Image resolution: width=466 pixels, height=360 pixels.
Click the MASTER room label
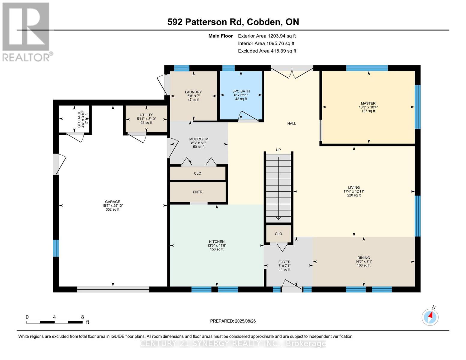(368, 103)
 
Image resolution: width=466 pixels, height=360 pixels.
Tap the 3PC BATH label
(241, 91)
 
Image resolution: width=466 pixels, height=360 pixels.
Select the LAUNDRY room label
(193, 92)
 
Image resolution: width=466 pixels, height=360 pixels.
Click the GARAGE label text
(113, 202)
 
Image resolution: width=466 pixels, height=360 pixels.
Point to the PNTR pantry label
(197, 192)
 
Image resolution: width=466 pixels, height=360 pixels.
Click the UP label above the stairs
(278, 150)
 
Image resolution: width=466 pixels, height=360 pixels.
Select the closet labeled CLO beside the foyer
(278, 234)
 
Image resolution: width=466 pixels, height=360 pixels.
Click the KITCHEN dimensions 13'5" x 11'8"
(217, 245)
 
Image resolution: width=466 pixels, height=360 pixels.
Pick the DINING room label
(364, 258)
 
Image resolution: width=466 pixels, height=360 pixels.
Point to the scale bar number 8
(83, 317)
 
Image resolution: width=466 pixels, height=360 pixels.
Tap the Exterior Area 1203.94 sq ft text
(267, 36)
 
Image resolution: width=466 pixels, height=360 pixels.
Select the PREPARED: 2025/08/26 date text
(233, 321)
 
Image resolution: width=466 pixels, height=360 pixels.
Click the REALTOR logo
(26, 31)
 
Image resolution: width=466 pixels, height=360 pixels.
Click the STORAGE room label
(79, 119)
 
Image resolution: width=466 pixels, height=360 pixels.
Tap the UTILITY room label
(146, 115)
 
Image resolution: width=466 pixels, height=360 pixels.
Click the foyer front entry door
(292, 286)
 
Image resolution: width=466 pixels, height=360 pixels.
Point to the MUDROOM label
(199, 139)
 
